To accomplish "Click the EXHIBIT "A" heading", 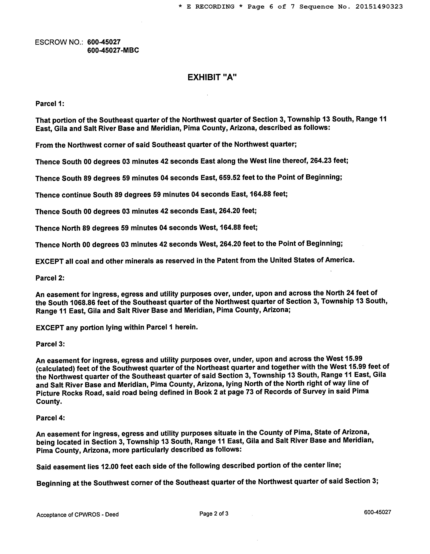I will click(x=212, y=77).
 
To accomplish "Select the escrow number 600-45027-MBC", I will click(x=113, y=50).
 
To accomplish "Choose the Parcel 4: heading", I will click(x=50, y=418).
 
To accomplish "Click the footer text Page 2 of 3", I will click(x=214, y=514).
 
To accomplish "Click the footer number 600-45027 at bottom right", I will click(x=377, y=512).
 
